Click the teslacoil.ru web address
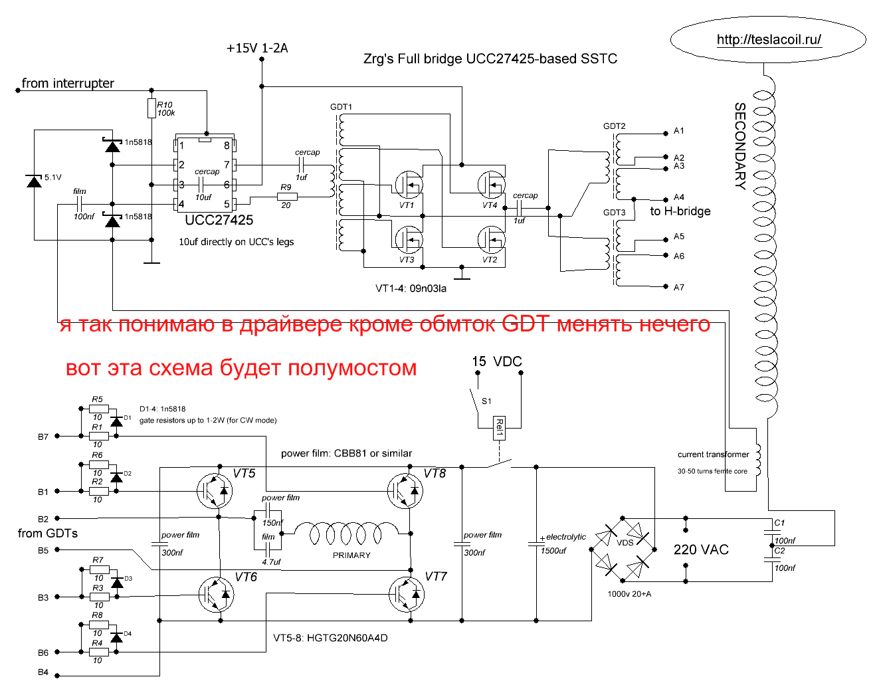[x=769, y=40]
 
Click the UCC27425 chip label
[x=219, y=221]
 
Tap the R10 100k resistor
[x=152, y=109]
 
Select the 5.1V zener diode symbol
[x=34, y=181]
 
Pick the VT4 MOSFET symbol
[x=492, y=184]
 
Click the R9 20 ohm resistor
[x=287, y=197]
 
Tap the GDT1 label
[x=341, y=107]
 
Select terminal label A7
[x=678, y=288]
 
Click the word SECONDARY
[x=739, y=146]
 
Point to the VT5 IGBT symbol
[x=215, y=491]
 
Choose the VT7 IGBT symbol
[x=405, y=594]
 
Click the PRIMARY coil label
[x=351, y=555]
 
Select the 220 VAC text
[x=701, y=550]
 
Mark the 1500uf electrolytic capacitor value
[x=553, y=551]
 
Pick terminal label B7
[x=43, y=437]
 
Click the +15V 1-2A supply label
[x=257, y=49]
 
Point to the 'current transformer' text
[x=713, y=454]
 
